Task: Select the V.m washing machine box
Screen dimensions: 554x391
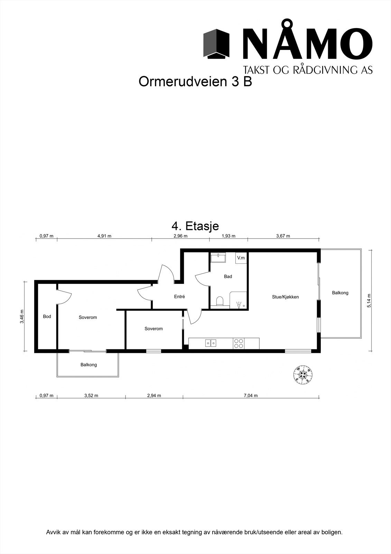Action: click(241, 258)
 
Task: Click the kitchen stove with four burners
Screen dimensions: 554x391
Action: click(239, 343)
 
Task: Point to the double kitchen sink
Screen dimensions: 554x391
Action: click(211, 343)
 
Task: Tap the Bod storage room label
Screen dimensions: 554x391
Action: click(47, 316)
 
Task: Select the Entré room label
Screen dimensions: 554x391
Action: click(179, 296)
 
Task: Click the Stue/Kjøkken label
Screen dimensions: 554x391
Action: click(285, 297)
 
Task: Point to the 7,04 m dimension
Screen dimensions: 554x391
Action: click(251, 395)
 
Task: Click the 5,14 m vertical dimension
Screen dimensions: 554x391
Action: click(369, 301)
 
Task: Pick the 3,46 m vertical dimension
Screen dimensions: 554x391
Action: click(22, 316)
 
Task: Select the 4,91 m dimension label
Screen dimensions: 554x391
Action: click(104, 236)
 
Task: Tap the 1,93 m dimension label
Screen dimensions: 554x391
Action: click(228, 236)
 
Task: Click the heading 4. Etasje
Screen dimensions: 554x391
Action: click(195, 226)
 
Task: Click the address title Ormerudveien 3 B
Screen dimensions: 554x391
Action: click(195, 82)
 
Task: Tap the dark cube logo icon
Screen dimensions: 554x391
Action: click(216, 44)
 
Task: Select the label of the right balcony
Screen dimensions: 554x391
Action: click(340, 293)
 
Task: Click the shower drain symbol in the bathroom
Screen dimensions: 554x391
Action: click(244, 306)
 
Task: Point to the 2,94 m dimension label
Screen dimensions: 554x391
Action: click(154, 395)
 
